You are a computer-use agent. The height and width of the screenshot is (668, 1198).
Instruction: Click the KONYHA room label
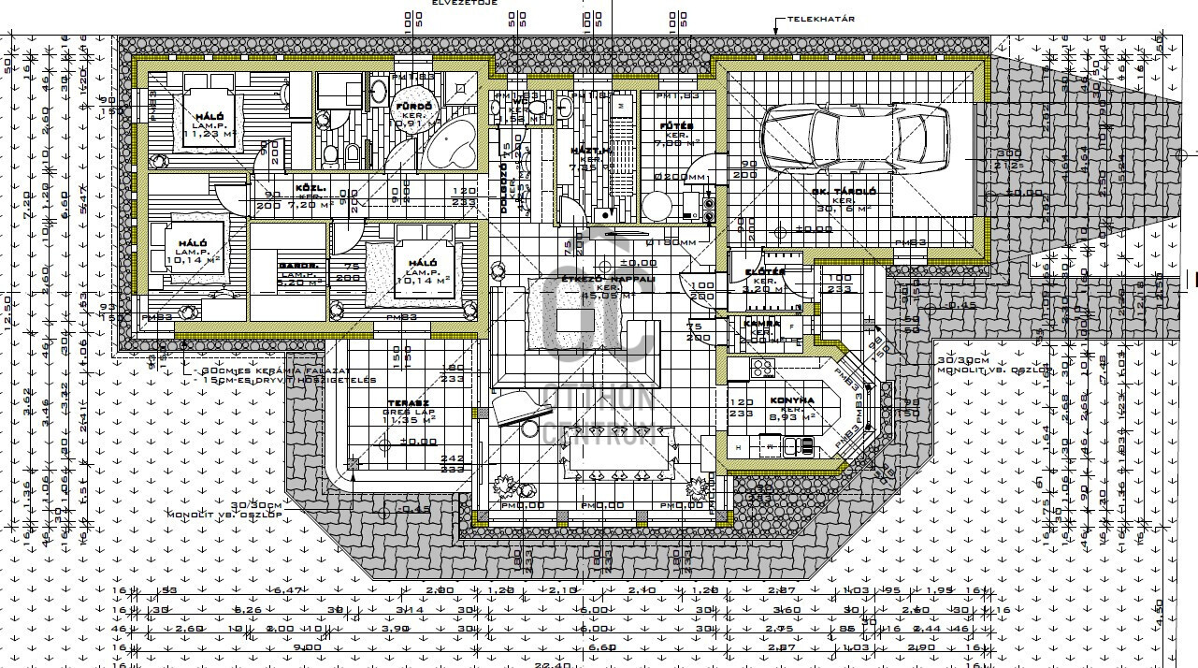(791, 400)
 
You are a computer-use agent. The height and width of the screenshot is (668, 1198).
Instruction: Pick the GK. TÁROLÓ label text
(844, 192)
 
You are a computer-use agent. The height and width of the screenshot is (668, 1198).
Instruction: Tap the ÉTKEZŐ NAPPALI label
(607, 279)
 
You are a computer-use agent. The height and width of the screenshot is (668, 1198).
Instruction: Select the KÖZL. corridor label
(310, 188)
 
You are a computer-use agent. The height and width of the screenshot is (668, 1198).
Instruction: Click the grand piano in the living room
(521, 407)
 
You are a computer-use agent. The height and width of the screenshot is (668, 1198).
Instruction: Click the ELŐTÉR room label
(764, 272)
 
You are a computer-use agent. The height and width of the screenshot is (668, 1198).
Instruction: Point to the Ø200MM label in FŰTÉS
(681, 176)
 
